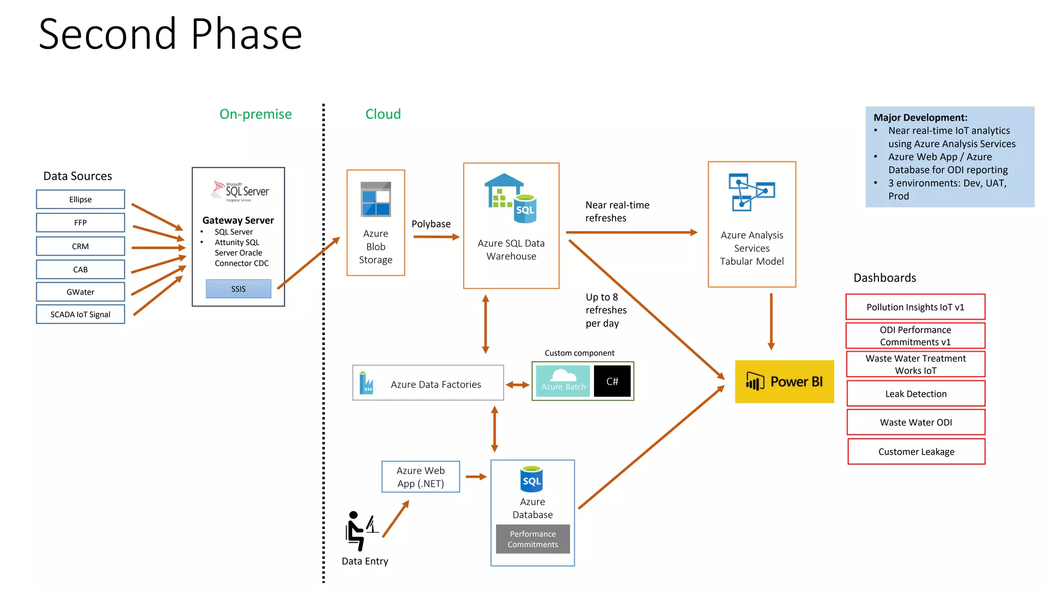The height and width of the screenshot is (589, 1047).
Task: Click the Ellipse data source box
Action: coord(80,199)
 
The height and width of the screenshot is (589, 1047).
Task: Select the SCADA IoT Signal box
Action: coord(80,314)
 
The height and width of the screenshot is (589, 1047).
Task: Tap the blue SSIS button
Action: coord(238,289)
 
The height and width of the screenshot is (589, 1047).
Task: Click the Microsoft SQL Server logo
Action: coord(240,191)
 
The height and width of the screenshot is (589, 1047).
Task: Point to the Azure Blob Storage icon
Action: coord(376,199)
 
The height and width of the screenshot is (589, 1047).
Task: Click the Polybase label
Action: coord(431,224)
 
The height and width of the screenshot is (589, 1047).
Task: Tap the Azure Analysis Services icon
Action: coord(752,192)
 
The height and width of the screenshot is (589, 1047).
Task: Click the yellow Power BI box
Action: coord(784,382)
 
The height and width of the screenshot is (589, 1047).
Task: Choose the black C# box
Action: coord(612,381)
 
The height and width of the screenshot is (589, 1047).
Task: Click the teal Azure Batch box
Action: coord(563,381)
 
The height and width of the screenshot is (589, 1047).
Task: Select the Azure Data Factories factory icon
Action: coord(366,383)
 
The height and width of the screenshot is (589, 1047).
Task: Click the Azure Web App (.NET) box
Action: coord(421,477)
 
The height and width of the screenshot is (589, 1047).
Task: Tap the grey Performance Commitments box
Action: coord(533,539)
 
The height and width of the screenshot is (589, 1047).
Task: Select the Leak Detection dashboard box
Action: coord(916,394)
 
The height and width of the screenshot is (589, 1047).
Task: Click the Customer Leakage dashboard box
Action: coord(916,451)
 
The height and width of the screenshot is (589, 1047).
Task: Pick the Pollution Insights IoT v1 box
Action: coord(915,307)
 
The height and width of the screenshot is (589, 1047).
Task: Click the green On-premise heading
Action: coord(256,114)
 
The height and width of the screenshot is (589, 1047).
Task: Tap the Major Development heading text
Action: coord(920,118)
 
